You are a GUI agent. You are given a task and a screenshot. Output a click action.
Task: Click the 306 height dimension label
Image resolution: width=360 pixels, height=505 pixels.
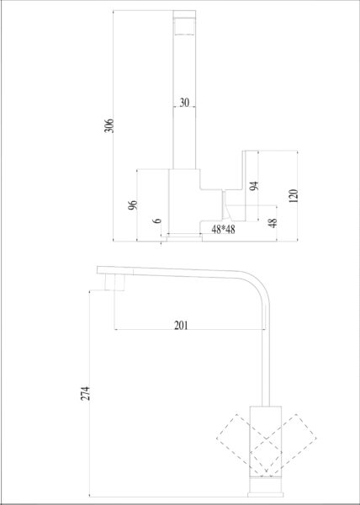[110, 125]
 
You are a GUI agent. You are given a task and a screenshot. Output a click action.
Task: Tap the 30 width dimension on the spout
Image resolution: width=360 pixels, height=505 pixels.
[184, 103]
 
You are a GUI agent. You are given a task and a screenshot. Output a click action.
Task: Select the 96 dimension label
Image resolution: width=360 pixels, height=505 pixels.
[133, 205]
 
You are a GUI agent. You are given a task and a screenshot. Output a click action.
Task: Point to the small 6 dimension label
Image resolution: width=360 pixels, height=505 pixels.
[157, 221]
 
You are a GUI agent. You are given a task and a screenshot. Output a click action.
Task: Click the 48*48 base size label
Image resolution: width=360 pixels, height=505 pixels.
[223, 230]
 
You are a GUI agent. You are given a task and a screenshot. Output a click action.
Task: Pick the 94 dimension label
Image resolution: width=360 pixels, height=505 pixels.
[254, 186]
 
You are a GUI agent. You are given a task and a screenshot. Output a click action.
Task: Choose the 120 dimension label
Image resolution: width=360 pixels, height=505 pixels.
[294, 196]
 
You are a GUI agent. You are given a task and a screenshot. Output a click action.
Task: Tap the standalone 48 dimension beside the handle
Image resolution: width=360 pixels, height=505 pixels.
[273, 223]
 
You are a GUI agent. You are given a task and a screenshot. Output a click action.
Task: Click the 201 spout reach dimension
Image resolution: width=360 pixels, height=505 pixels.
[181, 325]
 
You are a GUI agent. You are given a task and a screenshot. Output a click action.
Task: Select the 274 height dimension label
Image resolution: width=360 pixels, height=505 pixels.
[85, 393]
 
